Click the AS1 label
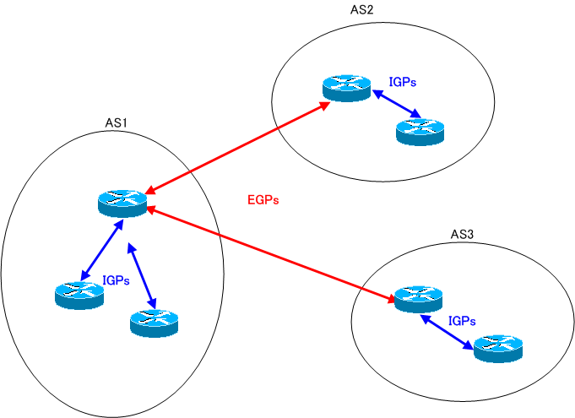[x=116, y=123]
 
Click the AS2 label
[x=361, y=11]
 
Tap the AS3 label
[x=464, y=234]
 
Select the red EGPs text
[x=263, y=201]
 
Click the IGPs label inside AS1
[x=116, y=280]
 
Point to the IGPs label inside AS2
[x=403, y=83]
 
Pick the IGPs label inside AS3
[x=462, y=321]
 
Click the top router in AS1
[x=122, y=203]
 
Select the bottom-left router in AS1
[x=79, y=294]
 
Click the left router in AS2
[x=346, y=88]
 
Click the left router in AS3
[x=418, y=298]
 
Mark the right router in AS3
[x=498, y=347]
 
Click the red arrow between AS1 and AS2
[x=237, y=145]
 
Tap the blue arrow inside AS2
[x=397, y=105]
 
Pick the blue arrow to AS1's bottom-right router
[x=141, y=274]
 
